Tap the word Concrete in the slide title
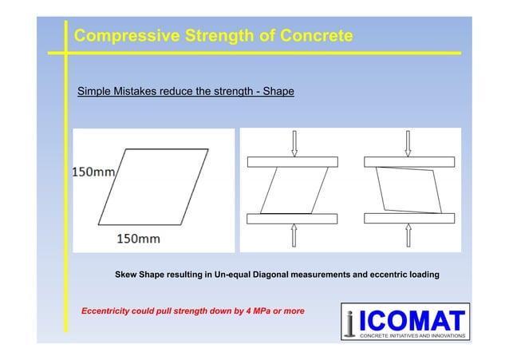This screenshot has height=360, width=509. click(x=310, y=37)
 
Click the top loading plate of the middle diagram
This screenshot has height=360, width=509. click(x=294, y=162)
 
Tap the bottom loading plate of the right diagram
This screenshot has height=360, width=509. click(x=409, y=217)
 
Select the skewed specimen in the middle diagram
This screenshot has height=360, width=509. click(x=293, y=190)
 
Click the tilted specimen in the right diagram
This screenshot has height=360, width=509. click(x=409, y=190)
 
